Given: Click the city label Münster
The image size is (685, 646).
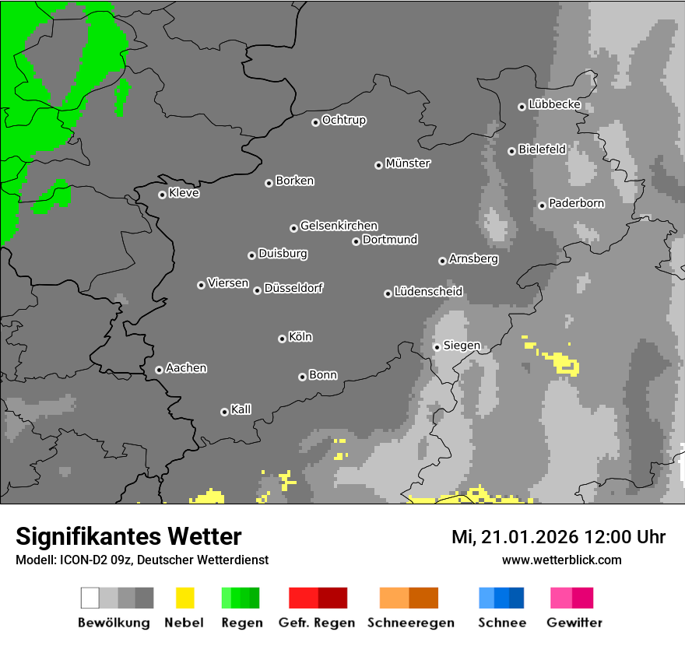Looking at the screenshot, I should coord(408,163).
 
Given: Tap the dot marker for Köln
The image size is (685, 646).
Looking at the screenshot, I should coord(282,339).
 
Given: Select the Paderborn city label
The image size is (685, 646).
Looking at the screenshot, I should coord(576,204).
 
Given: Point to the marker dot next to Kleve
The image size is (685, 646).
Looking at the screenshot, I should coord(162,195).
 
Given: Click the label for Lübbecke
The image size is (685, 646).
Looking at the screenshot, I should coord(554,104).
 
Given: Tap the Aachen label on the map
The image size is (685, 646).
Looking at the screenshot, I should coord(186,368).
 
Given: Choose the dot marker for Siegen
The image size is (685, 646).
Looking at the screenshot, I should coord(437,347).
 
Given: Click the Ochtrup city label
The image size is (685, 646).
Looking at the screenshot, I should coord(343,120).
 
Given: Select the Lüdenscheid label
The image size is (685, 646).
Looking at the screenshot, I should coord(428,292).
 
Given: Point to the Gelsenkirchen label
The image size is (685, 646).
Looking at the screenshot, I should coord(339,226).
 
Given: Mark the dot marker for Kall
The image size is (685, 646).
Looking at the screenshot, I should coord(224,412).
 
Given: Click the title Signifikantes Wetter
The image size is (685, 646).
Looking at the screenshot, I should coord(128,537).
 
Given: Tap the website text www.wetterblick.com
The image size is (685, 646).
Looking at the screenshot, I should coord(561,560).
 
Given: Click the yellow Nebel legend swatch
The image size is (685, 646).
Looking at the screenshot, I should coord(184,598).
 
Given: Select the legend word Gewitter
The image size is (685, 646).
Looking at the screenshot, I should coord(574,623).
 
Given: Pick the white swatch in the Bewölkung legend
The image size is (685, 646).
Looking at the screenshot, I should coord(90,598).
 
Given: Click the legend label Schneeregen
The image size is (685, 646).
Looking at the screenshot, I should coord(411,623).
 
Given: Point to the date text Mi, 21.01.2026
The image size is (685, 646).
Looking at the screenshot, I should coord(513,537).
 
